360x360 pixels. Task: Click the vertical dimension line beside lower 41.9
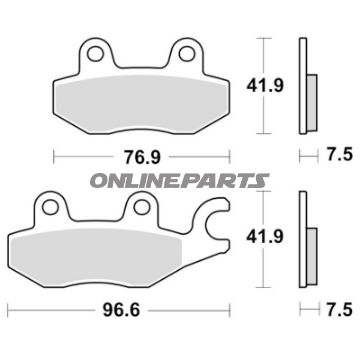[262, 240]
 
